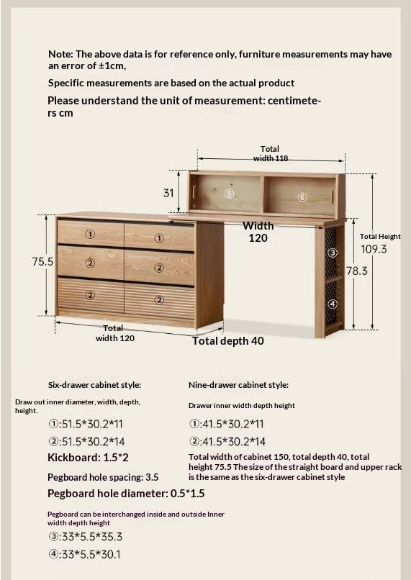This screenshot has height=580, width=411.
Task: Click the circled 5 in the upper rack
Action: [230, 194]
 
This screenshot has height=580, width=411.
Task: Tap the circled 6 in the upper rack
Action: [302, 197]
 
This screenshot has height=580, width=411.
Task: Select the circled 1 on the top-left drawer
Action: [90, 234]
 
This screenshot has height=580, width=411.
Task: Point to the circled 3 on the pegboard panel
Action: [333, 253]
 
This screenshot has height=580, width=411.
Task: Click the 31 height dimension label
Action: [168, 193]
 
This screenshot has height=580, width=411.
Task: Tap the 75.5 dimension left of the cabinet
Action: [43, 263]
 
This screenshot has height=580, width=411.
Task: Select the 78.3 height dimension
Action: [356, 271]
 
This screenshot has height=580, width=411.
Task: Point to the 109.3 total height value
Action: [374, 249]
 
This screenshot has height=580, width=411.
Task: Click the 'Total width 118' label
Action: [270, 153]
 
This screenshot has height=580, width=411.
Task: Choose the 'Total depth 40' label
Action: [228, 341]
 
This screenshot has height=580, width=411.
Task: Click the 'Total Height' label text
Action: [380, 236]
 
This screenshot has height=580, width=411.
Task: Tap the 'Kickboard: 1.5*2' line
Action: [88, 458]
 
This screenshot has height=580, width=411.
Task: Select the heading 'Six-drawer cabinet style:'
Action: [94, 385]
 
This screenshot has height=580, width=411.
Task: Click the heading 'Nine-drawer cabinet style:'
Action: [238, 385]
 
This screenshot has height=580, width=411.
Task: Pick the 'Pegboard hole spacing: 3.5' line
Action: [103, 477]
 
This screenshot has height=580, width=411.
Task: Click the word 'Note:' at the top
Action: [60, 54]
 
